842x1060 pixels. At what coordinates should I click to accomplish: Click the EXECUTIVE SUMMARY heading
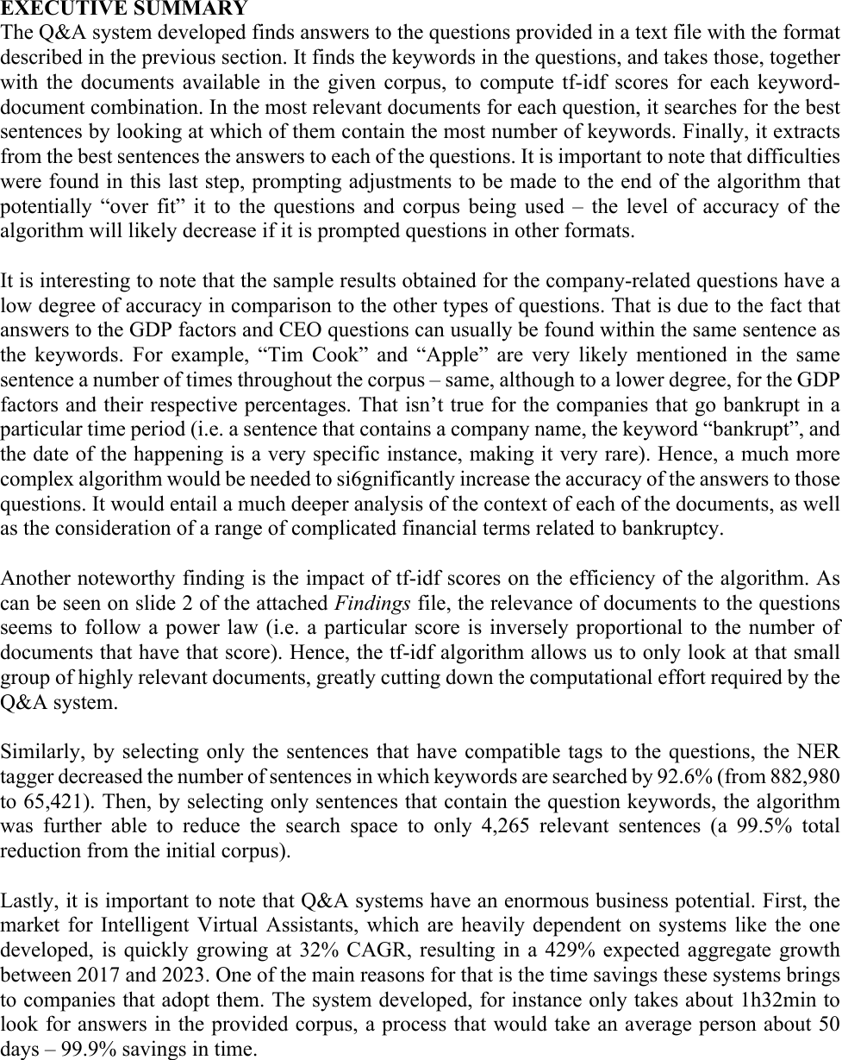124,9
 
